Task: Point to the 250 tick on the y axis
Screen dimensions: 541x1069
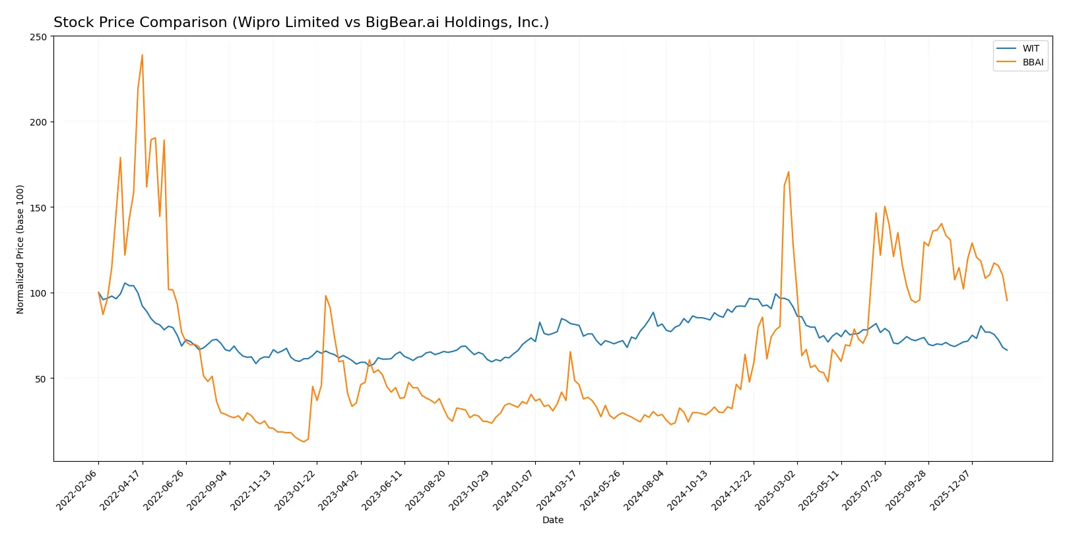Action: click(x=39, y=37)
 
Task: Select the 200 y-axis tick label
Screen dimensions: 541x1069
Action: click(x=39, y=122)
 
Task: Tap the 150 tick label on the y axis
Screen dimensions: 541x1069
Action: click(x=39, y=208)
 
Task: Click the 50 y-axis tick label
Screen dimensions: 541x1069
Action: click(x=41, y=379)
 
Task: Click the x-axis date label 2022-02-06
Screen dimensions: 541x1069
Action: click(x=78, y=489)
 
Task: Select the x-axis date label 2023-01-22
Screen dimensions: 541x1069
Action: click(x=296, y=489)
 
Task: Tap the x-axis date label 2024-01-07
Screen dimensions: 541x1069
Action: click(x=515, y=489)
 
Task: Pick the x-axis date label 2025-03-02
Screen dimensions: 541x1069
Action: click(x=777, y=489)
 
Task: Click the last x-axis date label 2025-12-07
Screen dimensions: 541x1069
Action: click(x=952, y=489)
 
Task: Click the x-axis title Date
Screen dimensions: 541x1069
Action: click(x=552, y=520)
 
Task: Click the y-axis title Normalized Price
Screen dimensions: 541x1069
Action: click(x=20, y=249)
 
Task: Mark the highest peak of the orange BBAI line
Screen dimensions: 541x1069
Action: click(x=142, y=55)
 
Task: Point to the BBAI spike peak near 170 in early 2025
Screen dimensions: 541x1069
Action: click(x=789, y=172)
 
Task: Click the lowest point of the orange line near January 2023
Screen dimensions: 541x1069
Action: click(x=304, y=441)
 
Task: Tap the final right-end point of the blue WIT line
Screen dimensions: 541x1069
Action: click(x=1007, y=350)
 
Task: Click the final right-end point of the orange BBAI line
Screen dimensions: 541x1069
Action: click(x=1007, y=301)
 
